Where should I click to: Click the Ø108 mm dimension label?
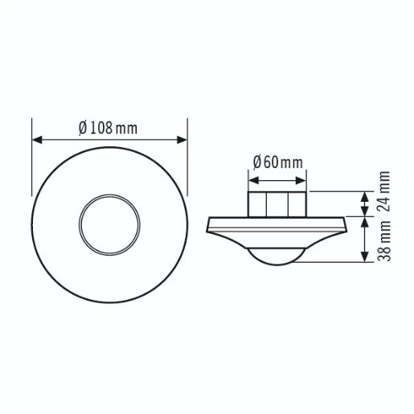109,129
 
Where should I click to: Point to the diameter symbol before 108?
83,129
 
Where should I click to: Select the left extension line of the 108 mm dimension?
32,153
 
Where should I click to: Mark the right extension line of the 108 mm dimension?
187,153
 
